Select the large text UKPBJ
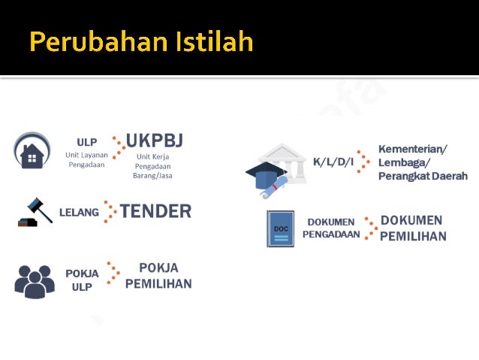[x=155, y=141]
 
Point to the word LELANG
[x=79, y=213]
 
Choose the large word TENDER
[x=155, y=211]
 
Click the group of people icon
[x=35, y=280]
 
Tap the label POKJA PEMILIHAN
[x=158, y=276]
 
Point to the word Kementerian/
[x=412, y=149]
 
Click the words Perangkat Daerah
[x=423, y=176]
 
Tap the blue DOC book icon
[x=281, y=228]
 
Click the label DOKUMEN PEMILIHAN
[x=413, y=228]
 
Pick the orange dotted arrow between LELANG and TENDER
[x=110, y=212]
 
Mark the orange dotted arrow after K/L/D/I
[x=363, y=162]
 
